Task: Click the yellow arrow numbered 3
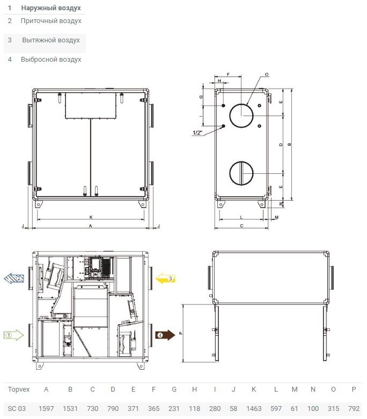click(x=165, y=278)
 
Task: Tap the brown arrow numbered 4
click(x=165, y=335)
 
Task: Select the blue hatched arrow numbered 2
click(x=14, y=278)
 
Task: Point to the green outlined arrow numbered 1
click(x=13, y=335)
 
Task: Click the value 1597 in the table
click(x=46, y=409)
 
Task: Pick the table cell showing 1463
click(x=254, y=409)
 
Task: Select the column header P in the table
click(x=354, y=389)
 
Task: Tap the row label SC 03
click(x=17, y=409)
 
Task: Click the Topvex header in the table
click(x=19, y=389)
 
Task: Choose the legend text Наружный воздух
click(x=51, y=8)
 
